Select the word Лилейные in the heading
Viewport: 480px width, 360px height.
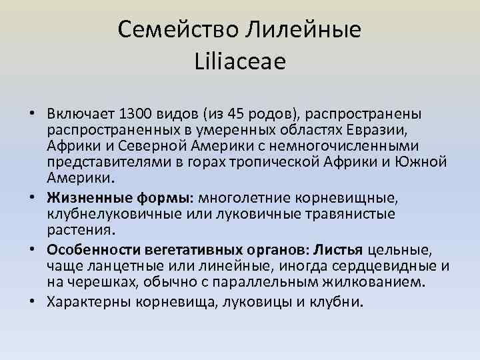coord(308,29)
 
